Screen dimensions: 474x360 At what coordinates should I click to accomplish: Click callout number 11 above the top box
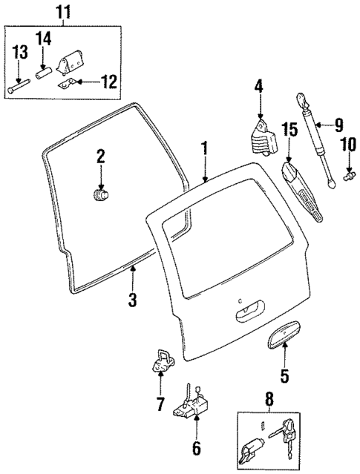(62, 12)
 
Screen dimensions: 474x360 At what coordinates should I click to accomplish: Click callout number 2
(100, 157)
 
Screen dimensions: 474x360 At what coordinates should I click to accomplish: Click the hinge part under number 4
(261, 136)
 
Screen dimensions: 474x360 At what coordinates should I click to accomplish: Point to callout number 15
(289, 130)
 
